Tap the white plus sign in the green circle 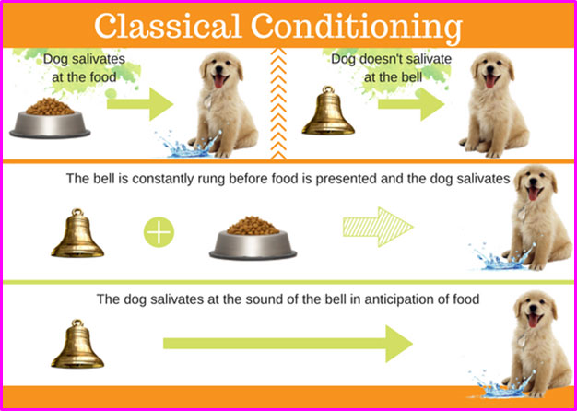[159, 232]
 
